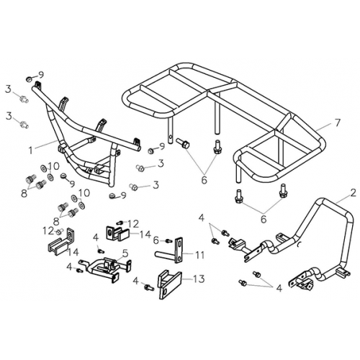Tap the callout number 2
point(352,194)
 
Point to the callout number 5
point(125,253)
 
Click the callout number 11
point(199,255)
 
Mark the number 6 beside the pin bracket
point(156,240)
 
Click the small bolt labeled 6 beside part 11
point(167,240)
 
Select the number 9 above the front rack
point(41,74)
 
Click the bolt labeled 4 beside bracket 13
point(148,287)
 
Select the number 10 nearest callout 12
point(84,192)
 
